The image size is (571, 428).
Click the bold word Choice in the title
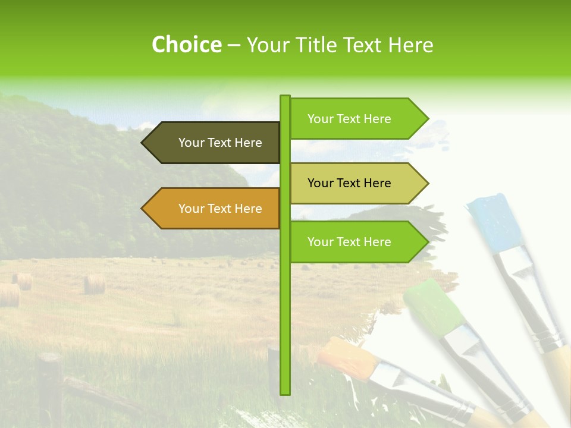click(x=186, y=45)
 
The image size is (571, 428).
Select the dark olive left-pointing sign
click(x=211, y=143)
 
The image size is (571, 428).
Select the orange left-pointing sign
click(x=211, y=209)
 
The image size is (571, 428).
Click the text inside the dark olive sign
click(x=220, y=143)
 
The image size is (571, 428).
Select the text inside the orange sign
click(x=220, y=209)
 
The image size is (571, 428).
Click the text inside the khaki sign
click(x=349, y=183)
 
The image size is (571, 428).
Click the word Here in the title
click(x=410, y=45)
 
